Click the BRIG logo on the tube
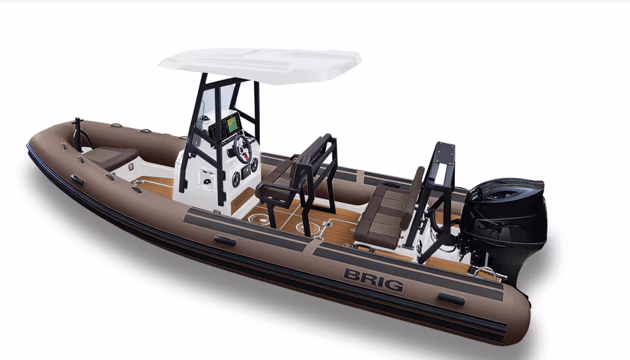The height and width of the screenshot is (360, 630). pyautogui.click(x=374, y=280)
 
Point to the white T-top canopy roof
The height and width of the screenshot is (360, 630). pyautogui.click(x=260, y=65)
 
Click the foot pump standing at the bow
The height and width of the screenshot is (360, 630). pyautogui.click(x=79, y=133)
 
